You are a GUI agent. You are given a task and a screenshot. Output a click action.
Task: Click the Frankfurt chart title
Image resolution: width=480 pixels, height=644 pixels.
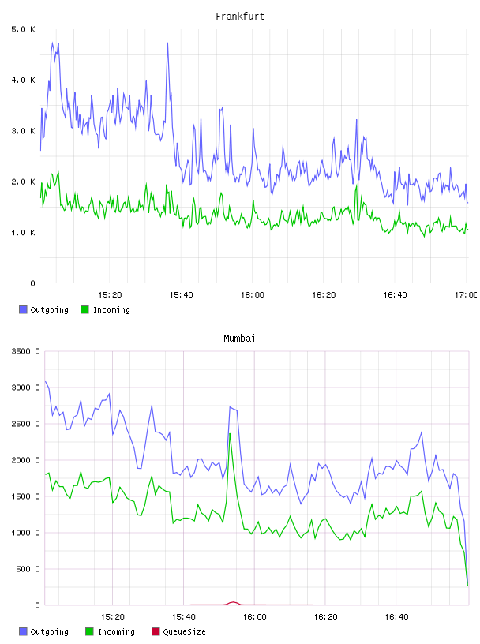pyautogui.click(x=240, y=17)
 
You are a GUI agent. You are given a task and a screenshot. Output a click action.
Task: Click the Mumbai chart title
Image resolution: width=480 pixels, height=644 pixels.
pyautogui.click(x=239, y=339)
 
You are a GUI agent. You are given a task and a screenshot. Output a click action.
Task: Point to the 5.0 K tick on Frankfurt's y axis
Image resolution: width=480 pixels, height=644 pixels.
pyautogui.click(x=23, y=29)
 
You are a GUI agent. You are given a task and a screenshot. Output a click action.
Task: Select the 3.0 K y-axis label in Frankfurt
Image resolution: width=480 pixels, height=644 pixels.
pyautogui.click(x=23, y=131)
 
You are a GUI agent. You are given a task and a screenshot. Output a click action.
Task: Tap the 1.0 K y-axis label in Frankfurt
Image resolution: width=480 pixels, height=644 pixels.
pyautogui.click(x=23, y=233)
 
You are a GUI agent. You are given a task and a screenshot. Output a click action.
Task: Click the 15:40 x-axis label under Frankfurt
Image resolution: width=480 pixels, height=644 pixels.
pyautogui.click(x=181, y=294)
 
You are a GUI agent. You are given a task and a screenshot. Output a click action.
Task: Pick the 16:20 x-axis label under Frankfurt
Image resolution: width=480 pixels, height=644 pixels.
pyautogui.click(x=324, y=294)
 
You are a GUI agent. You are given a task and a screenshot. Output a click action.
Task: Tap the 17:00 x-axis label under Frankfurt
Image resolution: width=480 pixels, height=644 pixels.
pyautogui.click(x=466, y=294)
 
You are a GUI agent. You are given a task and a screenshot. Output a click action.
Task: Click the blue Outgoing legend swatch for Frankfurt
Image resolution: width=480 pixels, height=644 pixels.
pyautogui.click(x=23, y=309)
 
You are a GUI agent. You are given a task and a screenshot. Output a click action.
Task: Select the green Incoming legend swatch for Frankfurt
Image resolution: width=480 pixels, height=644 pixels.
pyautogui.click(x=84, y=309)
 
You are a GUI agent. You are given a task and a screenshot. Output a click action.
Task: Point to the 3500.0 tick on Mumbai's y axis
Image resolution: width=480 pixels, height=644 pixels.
pyautogui.click(x=25, y=351)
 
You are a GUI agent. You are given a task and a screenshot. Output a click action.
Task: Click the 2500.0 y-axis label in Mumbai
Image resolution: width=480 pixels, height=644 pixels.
pyautogui.click(x=25, y=424)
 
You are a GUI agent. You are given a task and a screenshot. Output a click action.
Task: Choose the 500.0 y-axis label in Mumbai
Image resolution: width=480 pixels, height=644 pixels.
pyautogui.click(x=28, y=569)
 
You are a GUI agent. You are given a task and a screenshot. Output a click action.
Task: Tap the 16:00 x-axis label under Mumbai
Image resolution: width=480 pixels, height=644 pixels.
pyautogui.click(x=254, y=616)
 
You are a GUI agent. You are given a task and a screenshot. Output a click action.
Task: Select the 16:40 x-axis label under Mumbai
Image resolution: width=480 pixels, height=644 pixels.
pyautogui.click(x=396, y=616)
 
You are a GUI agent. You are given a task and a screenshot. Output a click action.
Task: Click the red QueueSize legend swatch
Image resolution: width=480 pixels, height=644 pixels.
pyautogui.click(x=156, y=631)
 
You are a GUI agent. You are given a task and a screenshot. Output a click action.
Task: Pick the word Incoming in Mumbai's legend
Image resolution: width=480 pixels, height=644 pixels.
pyautogui.click(x=116, y=631)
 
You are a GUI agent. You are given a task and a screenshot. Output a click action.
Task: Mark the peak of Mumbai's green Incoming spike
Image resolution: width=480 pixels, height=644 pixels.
pyautogui.click(x=230, y=434)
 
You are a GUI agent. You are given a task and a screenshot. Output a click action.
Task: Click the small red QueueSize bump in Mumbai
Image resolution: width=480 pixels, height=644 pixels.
pyautogui.click(x=233, y=602)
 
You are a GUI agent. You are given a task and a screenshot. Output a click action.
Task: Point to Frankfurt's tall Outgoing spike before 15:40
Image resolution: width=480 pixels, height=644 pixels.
pyautogui.click(x=167, y=43)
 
